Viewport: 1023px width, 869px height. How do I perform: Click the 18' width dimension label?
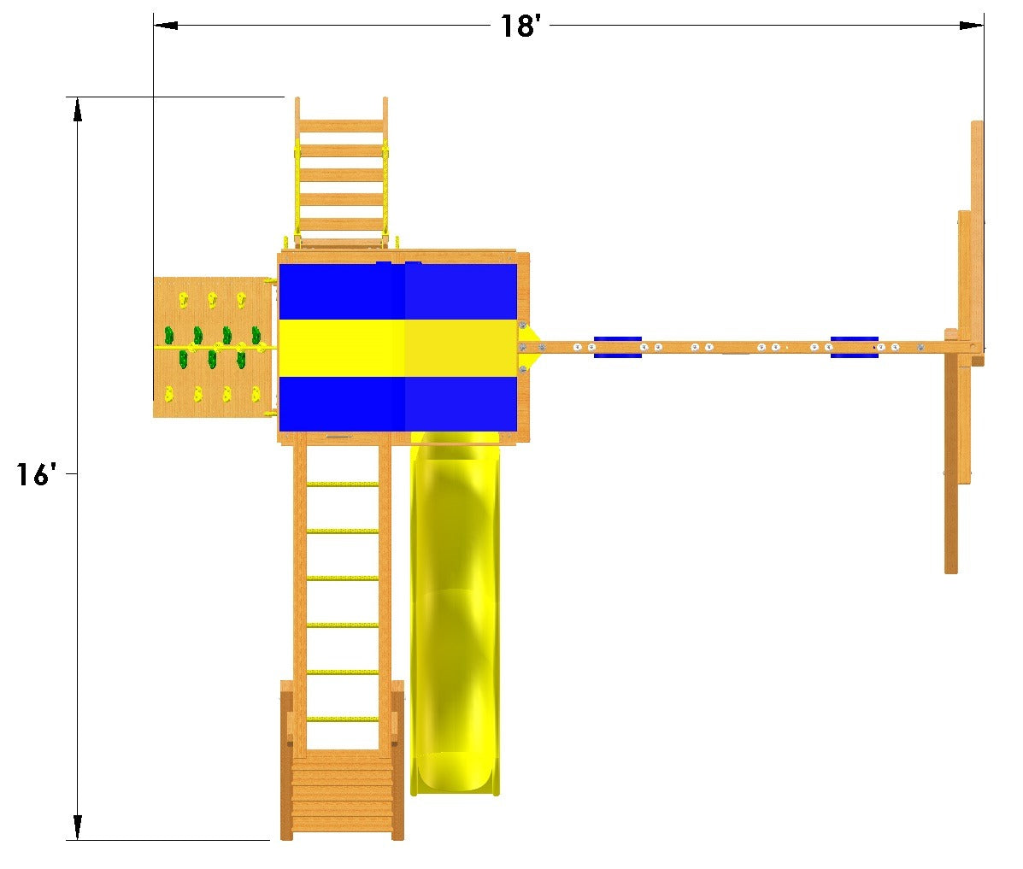(x=520, y=26)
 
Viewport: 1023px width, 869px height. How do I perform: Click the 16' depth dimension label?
(x=36, y=474)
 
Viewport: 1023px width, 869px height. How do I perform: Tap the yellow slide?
(x=456, y=614)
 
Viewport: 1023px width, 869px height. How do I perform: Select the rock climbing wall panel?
(x=214, y=347)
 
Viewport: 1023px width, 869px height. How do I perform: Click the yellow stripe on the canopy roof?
(x=398, y=348)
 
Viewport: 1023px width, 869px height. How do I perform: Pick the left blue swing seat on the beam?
(x=617, y=347)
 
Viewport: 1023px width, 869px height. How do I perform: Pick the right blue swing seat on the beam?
(x=854, y=347)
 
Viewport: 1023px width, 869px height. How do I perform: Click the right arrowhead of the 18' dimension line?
(x=972, y=26)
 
